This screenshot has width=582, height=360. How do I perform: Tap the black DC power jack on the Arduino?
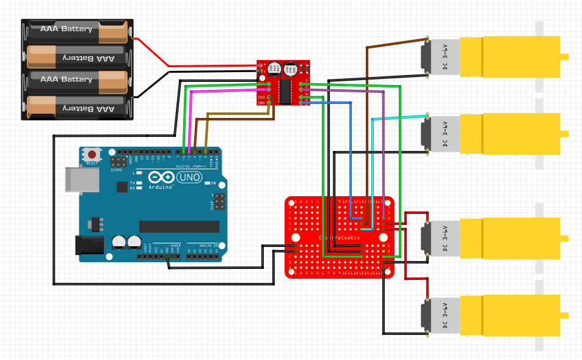coord(86,245)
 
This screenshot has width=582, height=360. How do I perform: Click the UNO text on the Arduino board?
coord(190,177)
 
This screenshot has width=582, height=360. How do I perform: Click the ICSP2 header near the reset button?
coord(117,162)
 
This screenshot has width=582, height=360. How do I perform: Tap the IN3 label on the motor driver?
coord(261,97)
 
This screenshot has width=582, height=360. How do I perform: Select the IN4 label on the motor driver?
coord(261,103)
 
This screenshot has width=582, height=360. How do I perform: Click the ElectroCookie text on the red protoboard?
coord(340,237)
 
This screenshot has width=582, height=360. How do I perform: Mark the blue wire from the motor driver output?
coord(350,159)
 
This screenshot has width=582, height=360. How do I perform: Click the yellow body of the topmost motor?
coord(510,57)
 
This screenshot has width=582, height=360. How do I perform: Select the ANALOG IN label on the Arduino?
coord(206,245)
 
